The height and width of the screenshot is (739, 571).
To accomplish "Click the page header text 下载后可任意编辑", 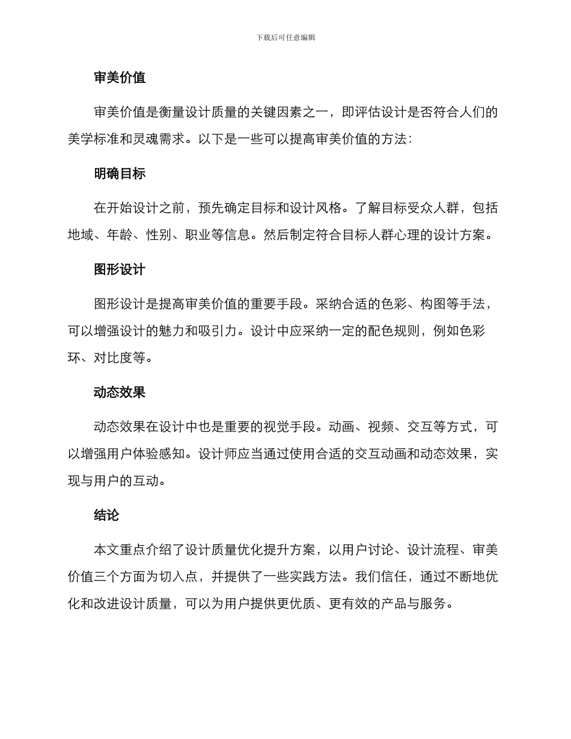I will coord(285,37).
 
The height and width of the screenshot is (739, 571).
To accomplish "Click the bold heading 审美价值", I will coord(120,78).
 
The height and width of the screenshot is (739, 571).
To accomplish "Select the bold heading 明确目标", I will coord(120,174).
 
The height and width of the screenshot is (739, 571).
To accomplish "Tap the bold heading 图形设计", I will coord(120,270).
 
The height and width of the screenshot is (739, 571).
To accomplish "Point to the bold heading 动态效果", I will coord(120,393).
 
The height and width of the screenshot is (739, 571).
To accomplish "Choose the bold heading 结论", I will coord(106,515).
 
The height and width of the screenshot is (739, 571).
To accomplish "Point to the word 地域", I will coord(81,235).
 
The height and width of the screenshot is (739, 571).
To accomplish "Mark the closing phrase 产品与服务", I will coord(414,603).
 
